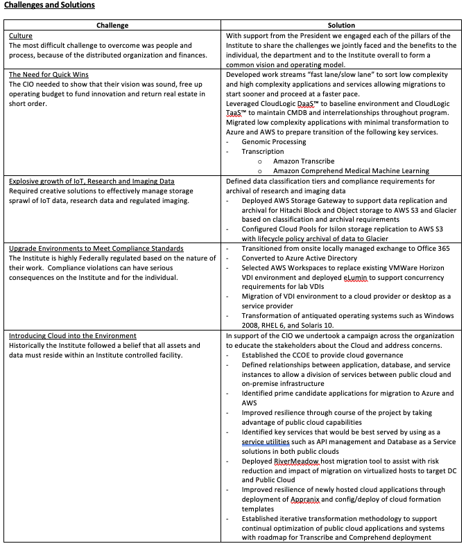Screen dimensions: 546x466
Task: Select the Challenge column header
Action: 112,25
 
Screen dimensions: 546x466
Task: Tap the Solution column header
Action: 341,25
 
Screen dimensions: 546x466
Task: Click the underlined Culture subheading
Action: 21,35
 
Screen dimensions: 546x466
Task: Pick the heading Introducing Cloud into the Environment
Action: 73,336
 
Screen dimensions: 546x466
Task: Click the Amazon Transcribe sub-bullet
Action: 304,161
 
